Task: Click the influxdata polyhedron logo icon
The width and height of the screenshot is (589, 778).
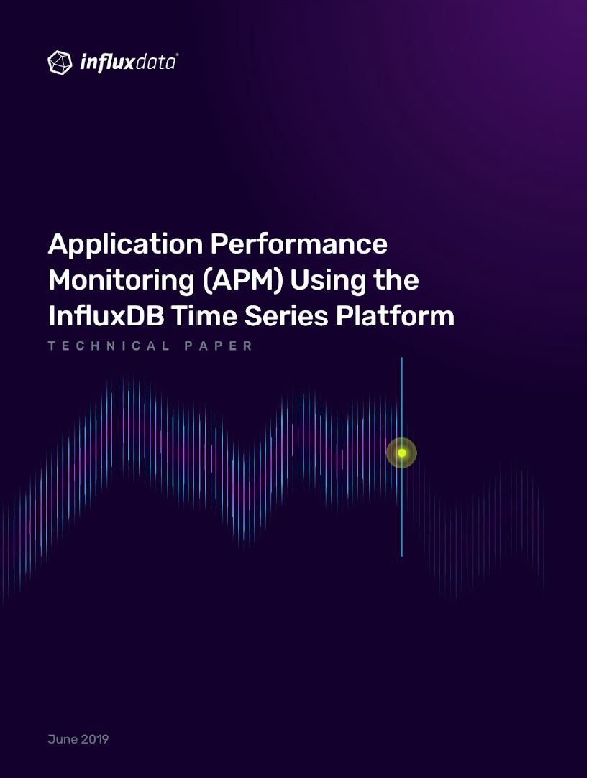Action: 60,62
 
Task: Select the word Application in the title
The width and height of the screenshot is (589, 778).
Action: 126,246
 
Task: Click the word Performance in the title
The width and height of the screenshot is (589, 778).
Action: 299,244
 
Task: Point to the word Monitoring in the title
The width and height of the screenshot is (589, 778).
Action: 122,282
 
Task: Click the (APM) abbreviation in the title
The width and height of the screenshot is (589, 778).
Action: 243,281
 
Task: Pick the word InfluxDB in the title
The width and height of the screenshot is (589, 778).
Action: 106,316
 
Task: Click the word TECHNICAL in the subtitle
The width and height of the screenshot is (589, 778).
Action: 109,346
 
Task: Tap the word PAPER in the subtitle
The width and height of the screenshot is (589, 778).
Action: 219,346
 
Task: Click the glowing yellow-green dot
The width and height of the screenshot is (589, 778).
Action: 402,453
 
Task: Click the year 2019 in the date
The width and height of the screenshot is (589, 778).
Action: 95,739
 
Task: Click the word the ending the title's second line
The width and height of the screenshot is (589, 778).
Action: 396,280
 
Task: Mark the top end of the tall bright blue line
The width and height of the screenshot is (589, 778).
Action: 402,357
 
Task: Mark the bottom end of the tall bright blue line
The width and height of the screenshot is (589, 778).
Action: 402,557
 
